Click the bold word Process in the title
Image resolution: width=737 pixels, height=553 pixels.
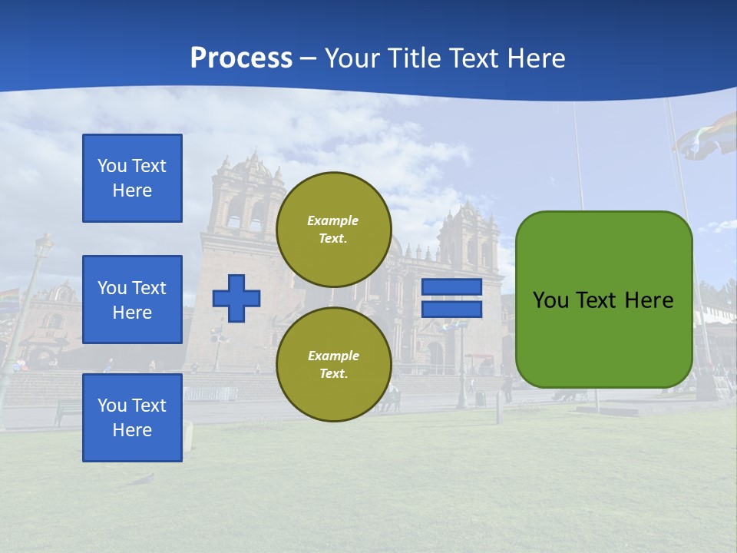point(241,58)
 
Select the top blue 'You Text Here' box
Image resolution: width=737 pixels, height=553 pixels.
point(132,178)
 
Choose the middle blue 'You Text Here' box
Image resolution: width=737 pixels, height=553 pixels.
point(132,300)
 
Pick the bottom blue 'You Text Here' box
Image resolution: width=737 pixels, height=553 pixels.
point(132,417)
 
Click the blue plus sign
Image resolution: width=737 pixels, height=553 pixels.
point(236,298)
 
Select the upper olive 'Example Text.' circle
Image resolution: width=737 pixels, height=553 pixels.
point(333,229)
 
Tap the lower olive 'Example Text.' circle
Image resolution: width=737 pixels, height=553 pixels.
point(333,364)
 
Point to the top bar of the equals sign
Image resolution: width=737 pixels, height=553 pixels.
point(451,286)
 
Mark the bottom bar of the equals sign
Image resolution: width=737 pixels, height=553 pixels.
point(451,310)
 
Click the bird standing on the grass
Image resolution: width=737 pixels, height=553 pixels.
point(141,479)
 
